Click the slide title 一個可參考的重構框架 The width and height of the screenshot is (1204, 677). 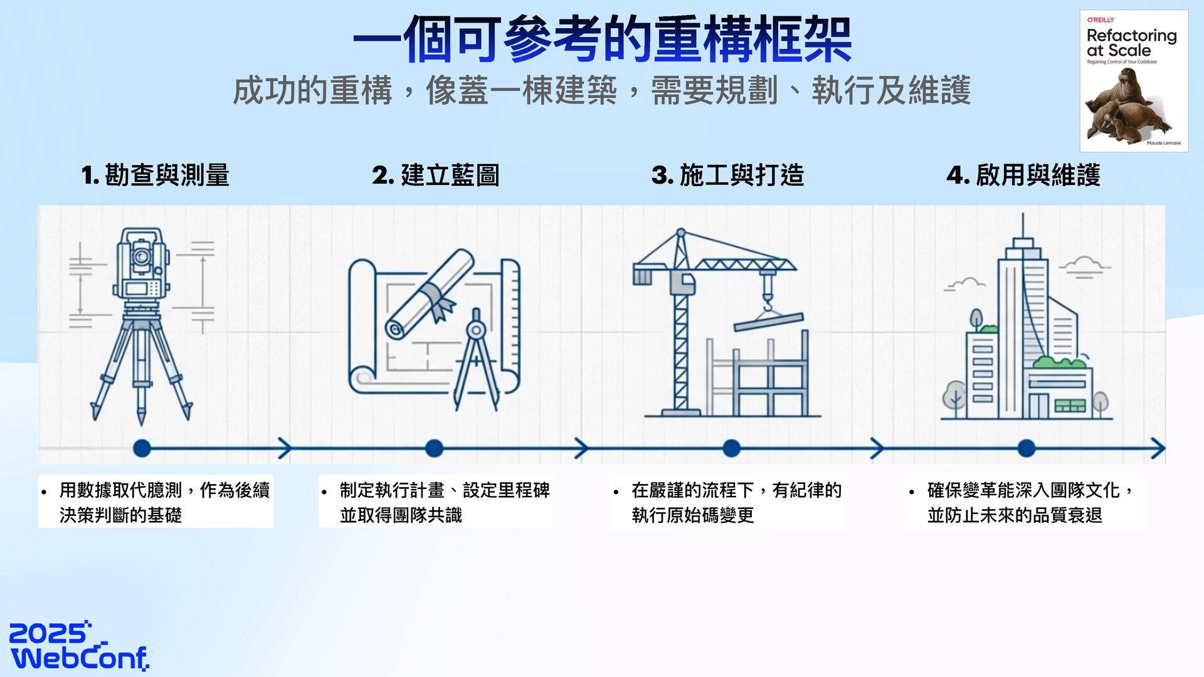coord(602,39)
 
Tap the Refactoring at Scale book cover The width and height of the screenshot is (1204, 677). coord(1134,81)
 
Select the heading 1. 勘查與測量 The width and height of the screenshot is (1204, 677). coord(156,175)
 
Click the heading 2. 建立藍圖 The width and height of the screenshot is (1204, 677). coord(436,175)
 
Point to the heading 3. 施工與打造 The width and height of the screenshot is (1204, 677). coord(727,175)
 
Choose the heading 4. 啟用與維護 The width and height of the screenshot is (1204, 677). coord(1023,175)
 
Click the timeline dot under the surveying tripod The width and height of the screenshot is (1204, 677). coord(142,448)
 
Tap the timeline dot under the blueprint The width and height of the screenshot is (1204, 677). coord(434,448)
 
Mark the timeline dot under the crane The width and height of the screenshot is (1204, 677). coord(731,448)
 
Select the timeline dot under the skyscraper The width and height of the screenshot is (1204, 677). coord(1026,448)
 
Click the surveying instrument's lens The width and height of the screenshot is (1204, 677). coord(141,256)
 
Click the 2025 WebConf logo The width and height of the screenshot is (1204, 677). coord(79,646)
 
